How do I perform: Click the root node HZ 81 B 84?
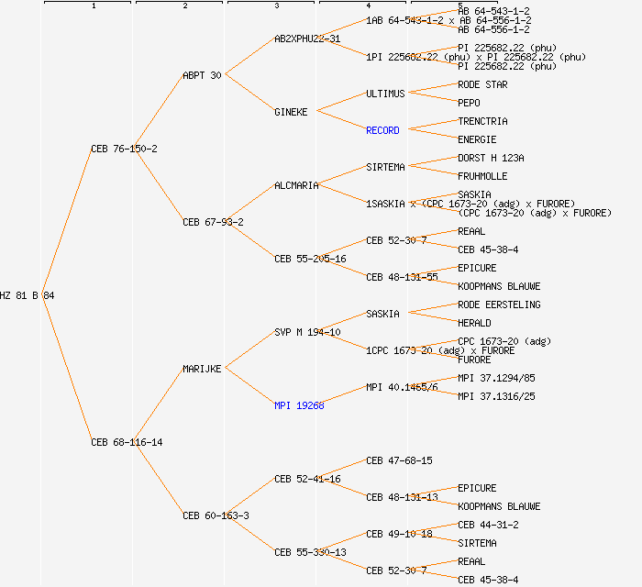[x=28, y=295]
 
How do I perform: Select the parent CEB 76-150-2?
[x=124, y=149]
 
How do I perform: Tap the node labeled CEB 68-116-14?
[x=127, y=442]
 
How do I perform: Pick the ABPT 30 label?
[x=202, y=75]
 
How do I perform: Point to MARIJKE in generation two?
[x=202, y=369]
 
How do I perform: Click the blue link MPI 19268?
[x=299, y=405]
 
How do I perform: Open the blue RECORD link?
[x=382, y=130]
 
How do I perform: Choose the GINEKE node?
[x=293, y=112]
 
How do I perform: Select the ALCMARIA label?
[x=296, y=185]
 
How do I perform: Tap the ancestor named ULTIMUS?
[x=385, y=94]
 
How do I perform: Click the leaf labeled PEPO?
[x=469, y=103]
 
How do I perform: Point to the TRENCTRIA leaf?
[x=482, y=121]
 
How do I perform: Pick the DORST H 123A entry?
[x=491, y=158]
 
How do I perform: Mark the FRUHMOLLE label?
[x=482, y=176]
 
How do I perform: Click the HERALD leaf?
[x=474, y=323]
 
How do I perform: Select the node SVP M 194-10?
[x=307, y=332]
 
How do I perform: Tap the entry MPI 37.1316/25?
[x=496, y=396]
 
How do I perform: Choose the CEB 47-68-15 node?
[x=399, y=460]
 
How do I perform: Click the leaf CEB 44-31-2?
[x=488, y=525]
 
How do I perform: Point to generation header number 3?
[x=276, y=6]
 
